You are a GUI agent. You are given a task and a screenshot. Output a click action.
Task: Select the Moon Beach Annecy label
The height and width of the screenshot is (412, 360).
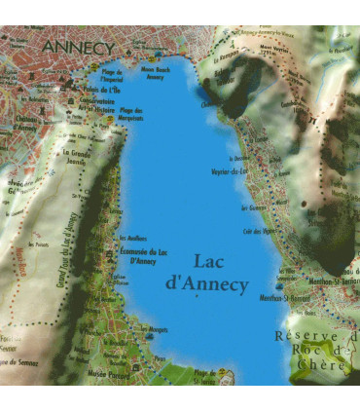[156, 74]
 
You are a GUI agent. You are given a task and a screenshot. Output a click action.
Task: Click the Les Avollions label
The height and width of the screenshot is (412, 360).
[132, 238]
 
